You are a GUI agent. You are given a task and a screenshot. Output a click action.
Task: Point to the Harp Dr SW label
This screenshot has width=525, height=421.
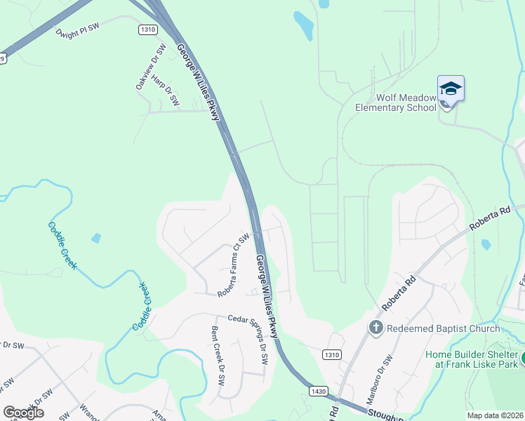tap(166, 91)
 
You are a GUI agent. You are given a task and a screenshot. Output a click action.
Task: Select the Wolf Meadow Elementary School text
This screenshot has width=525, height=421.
tap(390, 102)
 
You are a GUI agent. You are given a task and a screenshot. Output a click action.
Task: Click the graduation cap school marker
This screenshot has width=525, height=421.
tap(451, 89)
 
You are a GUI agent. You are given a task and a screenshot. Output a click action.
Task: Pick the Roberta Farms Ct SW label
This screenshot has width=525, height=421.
tap(233, 265)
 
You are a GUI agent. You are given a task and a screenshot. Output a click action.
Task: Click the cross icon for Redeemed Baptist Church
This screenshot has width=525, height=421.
tap(376, 328)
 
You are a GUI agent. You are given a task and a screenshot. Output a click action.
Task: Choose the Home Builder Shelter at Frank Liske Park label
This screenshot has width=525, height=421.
tap(472, 359)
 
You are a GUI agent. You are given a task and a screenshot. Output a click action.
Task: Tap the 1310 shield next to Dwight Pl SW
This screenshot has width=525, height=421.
tap(147, 29)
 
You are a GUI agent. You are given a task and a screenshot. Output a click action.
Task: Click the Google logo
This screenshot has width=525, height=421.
tap(24, 413)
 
